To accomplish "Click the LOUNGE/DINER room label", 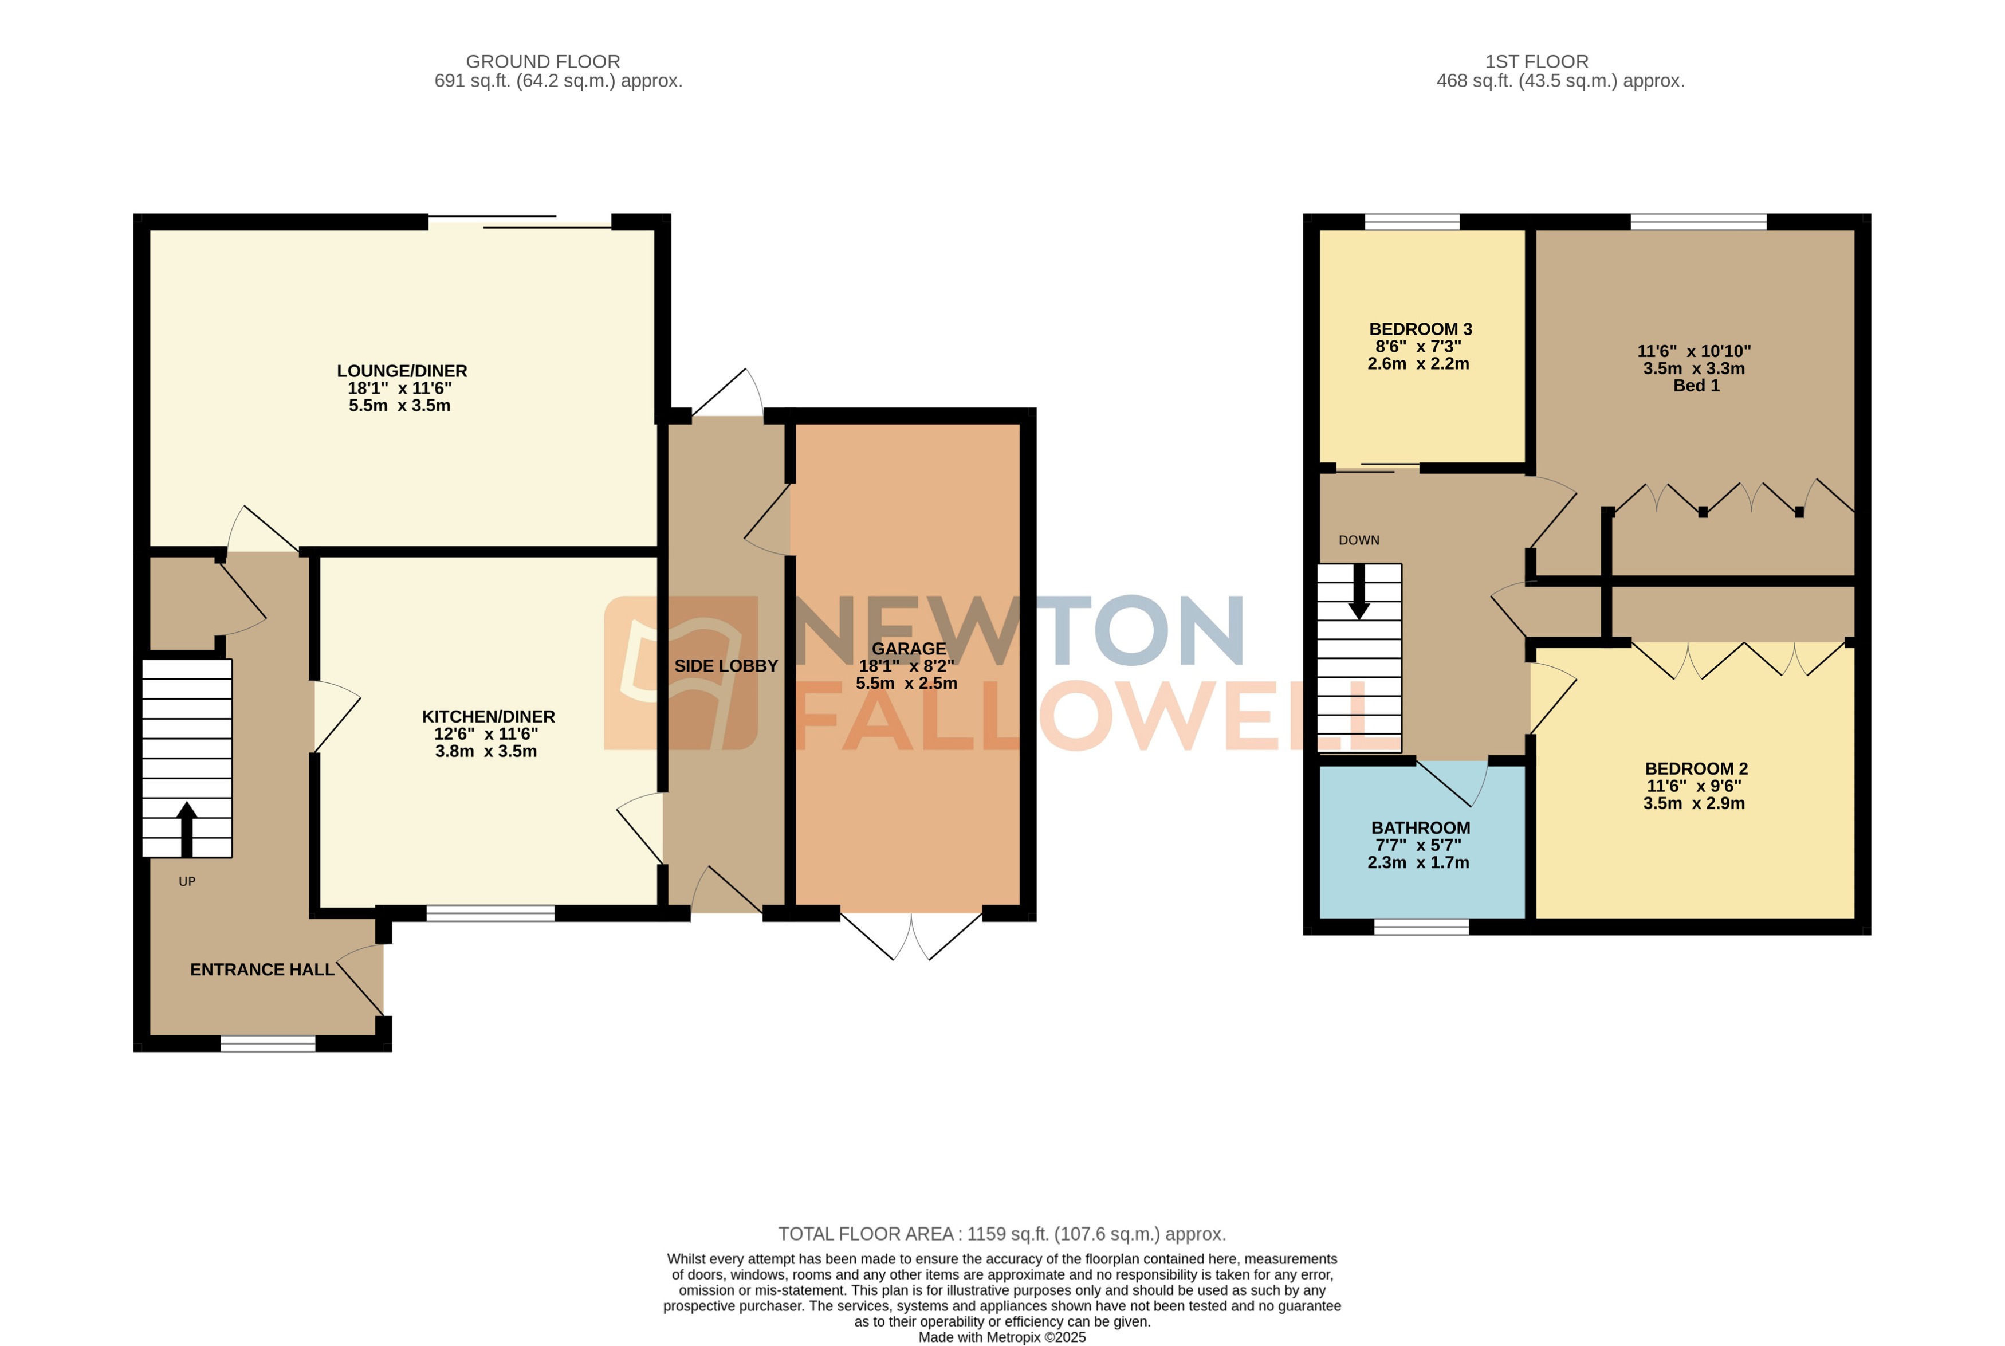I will (402, 371).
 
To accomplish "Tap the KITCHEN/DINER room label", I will (488, 717).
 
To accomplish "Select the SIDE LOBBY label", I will (726, 666).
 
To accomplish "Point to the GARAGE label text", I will (909, 649).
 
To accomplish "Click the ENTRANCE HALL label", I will (262, 970).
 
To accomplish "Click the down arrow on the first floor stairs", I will (1359, 592).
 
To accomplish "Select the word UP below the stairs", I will (187, 882).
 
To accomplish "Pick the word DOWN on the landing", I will (1359, 540).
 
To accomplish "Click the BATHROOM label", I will (1420, 829).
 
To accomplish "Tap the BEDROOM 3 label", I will (1420, 329).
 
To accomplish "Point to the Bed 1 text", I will (1695, 386).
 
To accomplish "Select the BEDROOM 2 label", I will (1695, 769).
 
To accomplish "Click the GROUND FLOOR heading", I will (542, 62).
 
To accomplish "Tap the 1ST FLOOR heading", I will (1536, 62).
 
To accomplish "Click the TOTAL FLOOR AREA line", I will (1001, 1234).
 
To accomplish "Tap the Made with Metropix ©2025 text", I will (1001, 1337).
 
